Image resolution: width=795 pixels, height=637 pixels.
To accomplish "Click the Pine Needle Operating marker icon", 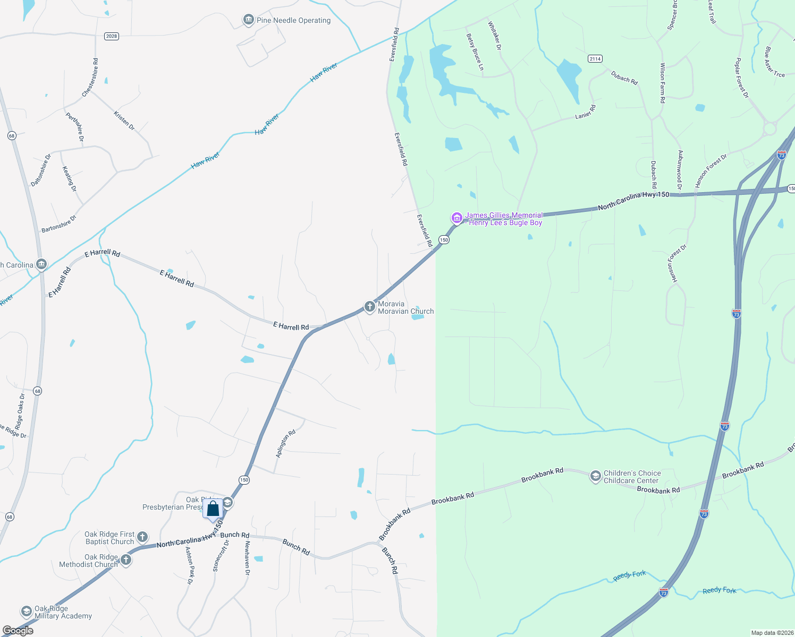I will [x=248, y=20].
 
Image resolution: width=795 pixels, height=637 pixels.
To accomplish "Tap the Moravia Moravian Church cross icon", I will [x=369, y=307].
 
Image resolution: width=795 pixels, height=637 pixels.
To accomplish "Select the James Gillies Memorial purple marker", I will [x=456, y=218].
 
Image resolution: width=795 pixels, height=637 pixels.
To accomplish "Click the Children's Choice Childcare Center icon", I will [x=595, y=476].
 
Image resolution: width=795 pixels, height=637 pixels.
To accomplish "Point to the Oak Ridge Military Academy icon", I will [x=26, y=612].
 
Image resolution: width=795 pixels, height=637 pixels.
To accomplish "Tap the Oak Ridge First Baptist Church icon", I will [x=142, y=537].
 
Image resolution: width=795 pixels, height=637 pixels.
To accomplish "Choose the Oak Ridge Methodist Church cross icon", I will [x=126, y=560].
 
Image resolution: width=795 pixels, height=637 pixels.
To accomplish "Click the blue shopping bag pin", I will [x=213, y=509].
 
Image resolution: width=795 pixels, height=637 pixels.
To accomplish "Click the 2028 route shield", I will [x=112, y=36].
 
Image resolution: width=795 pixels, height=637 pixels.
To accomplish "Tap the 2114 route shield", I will [x=595, y=58].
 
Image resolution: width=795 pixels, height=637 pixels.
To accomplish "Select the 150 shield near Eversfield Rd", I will [x=444, y=239].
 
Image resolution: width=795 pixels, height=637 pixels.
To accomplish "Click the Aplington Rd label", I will [x=285, y=444].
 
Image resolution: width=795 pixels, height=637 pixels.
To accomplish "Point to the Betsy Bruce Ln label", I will [x=475, y=52].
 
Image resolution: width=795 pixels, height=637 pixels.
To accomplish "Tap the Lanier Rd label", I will [x=586, y=112].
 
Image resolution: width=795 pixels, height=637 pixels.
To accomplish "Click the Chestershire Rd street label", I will [x=90, y=78].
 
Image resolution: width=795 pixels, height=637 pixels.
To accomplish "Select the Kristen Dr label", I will [x=124, y=120].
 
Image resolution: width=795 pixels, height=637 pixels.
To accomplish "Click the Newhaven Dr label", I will [x=247, y=558].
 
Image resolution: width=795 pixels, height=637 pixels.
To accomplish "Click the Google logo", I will [x=18, y=631].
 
